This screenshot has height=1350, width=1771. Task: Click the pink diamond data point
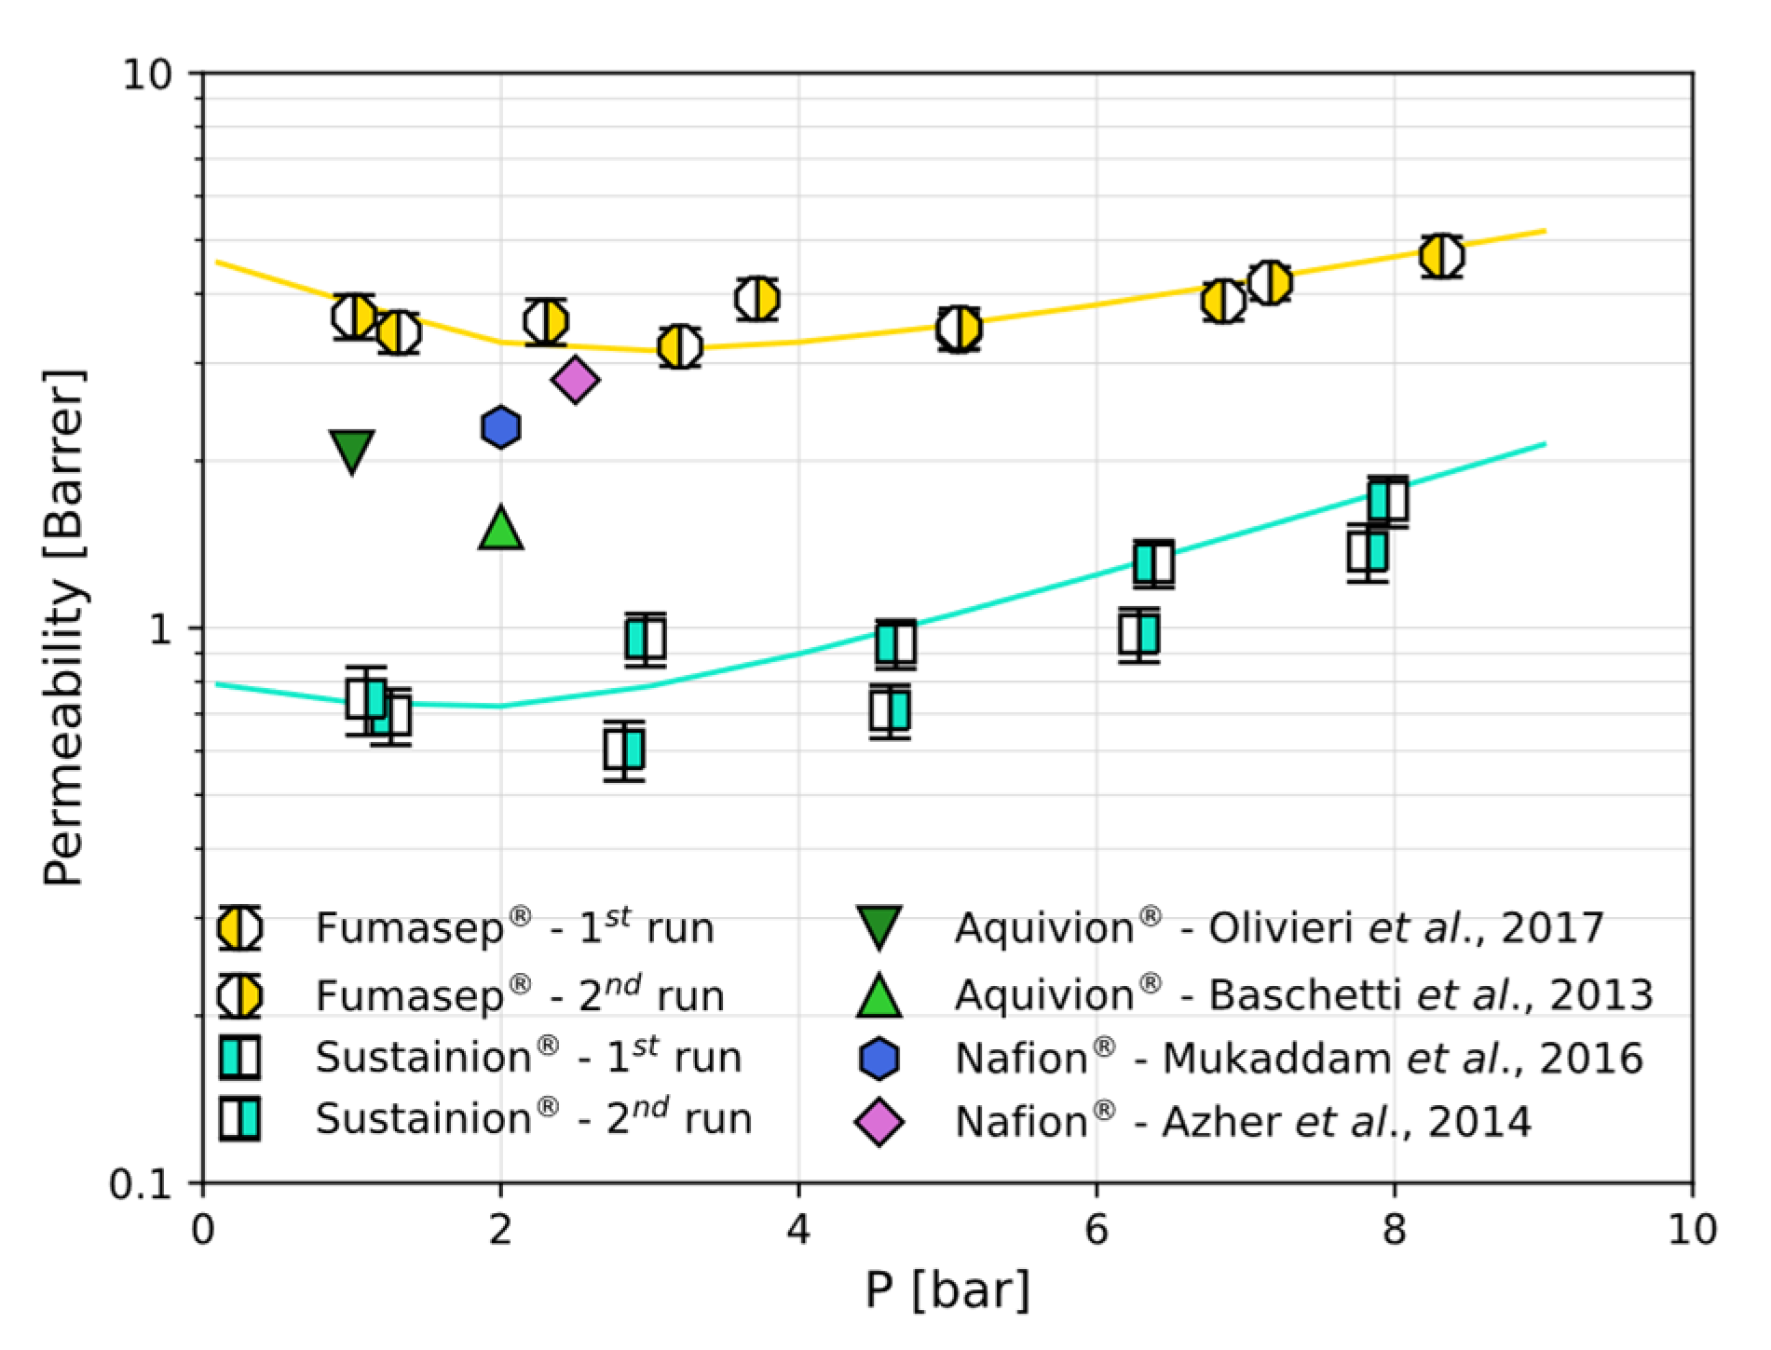[x=575, y=379]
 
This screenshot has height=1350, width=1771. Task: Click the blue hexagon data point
[x=501, y=427]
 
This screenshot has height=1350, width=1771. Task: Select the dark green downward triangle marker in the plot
[x=352, y=450]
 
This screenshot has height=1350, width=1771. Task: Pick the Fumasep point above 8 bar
[x=1441, y=256]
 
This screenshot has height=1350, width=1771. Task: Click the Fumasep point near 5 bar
[x=959, y=328]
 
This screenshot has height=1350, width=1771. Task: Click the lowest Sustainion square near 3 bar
[x=624, y=749]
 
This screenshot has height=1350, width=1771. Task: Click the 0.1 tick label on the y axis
[x=142, y=1184]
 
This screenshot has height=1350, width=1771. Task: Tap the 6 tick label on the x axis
[x=1097, y=1231]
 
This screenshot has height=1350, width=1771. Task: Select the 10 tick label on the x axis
[x=1691, y=1231]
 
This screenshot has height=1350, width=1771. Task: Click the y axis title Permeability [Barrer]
[x=64, y=628]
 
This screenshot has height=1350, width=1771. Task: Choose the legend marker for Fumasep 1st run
[x=239, y=928]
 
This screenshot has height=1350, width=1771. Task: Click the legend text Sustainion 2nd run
[x=533, y=1119]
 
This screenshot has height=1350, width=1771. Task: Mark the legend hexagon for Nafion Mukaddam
[x=879, y=1060]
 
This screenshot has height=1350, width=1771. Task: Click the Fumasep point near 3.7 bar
[x=756, y=300]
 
